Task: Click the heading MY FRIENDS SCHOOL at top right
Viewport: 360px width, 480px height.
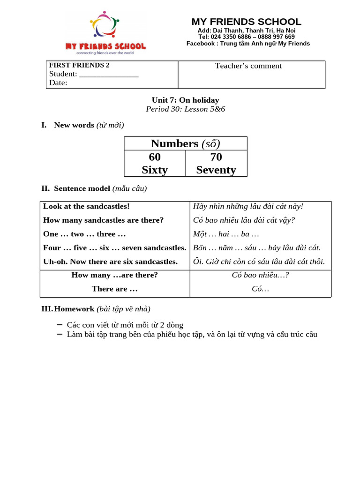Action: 246,22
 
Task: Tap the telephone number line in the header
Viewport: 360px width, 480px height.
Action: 246,37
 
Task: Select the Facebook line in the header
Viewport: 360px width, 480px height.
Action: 248,44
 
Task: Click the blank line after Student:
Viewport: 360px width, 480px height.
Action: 109,74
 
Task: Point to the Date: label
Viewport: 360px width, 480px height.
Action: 58,83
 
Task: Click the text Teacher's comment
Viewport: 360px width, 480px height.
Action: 248,66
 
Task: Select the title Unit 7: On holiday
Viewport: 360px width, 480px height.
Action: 185,100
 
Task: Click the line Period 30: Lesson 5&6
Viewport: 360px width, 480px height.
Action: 185,109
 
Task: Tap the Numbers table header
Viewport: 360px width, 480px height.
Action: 185,143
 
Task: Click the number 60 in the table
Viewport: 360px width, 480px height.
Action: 155,157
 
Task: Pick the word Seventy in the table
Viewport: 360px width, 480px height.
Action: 216,170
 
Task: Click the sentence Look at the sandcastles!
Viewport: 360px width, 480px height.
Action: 86,206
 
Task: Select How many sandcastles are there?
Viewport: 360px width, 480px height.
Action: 103,220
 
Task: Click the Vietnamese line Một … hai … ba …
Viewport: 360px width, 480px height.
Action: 226,234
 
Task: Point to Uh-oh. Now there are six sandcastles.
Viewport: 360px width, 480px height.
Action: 110,262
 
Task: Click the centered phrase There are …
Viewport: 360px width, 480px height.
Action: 114,289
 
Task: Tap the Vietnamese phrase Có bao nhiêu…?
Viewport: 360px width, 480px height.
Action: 260,275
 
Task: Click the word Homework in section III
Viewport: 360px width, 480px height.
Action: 75,309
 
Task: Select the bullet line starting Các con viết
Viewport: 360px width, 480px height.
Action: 125,325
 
